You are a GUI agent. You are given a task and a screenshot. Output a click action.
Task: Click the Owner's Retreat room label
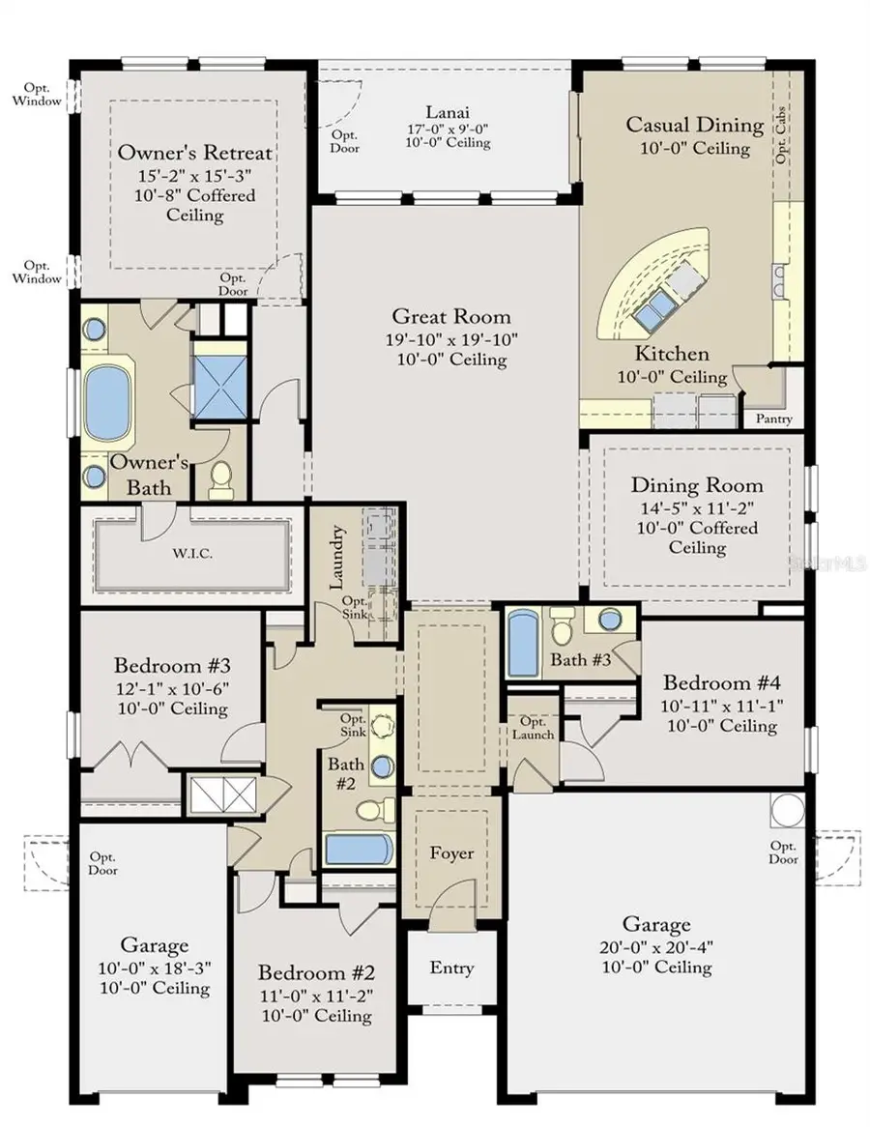tap(194, 153)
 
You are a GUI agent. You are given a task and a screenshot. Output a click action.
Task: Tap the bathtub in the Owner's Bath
tap(107, 401)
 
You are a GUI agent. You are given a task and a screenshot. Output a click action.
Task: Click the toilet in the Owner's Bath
tap(222, 477)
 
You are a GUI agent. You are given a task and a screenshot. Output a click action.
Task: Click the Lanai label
tap(447, 111)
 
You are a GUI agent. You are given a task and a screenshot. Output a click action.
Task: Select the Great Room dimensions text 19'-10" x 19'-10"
tap(450, 338)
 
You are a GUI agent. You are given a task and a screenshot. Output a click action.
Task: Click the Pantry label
tap(773, 419)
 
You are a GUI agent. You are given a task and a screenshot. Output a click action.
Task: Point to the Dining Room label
tap(697, 485)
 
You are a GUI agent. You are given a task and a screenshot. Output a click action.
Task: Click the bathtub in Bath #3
tap(523, 642)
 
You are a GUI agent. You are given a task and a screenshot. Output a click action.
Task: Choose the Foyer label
tap(451, 852)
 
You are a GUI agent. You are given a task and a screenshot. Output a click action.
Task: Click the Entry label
tap(451, 968)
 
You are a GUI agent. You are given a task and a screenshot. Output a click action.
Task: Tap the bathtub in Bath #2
tap(358, 850)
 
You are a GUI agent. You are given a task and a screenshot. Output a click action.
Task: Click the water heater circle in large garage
tap(787, 810)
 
